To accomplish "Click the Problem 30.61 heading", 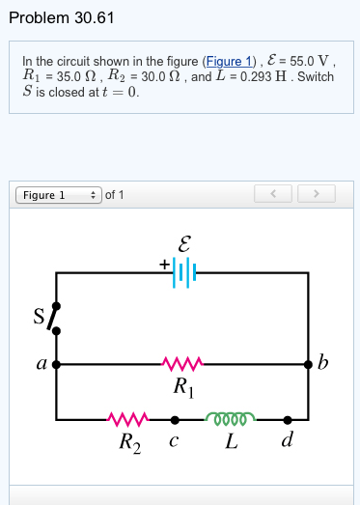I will coord(55,17).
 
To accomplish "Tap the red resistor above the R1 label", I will coord(182,365).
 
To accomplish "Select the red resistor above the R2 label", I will coord(127,420).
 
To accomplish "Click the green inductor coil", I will coord(230,419).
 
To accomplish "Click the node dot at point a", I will coord(56,365).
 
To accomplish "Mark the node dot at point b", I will coord(308,365).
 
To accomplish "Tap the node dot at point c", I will coord(175,420).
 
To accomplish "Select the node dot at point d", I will coord(288,420).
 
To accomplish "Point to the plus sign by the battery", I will coord(164,263).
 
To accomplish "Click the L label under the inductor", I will coord(231,442).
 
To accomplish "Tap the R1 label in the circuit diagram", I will coord(183,388).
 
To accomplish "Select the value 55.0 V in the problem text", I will coord(310,60).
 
